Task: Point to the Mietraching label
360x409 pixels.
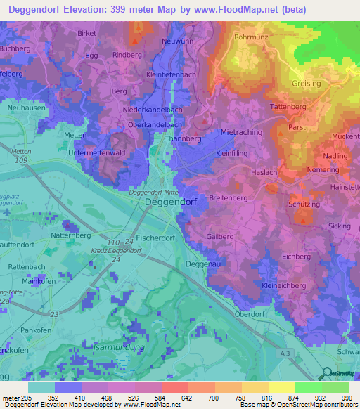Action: point(241,132)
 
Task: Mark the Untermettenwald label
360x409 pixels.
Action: point(96,152)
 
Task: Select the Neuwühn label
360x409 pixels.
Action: point(178,41)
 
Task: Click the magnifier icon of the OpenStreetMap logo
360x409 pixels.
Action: point(326,375)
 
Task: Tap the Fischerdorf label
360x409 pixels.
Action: point(155,238)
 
